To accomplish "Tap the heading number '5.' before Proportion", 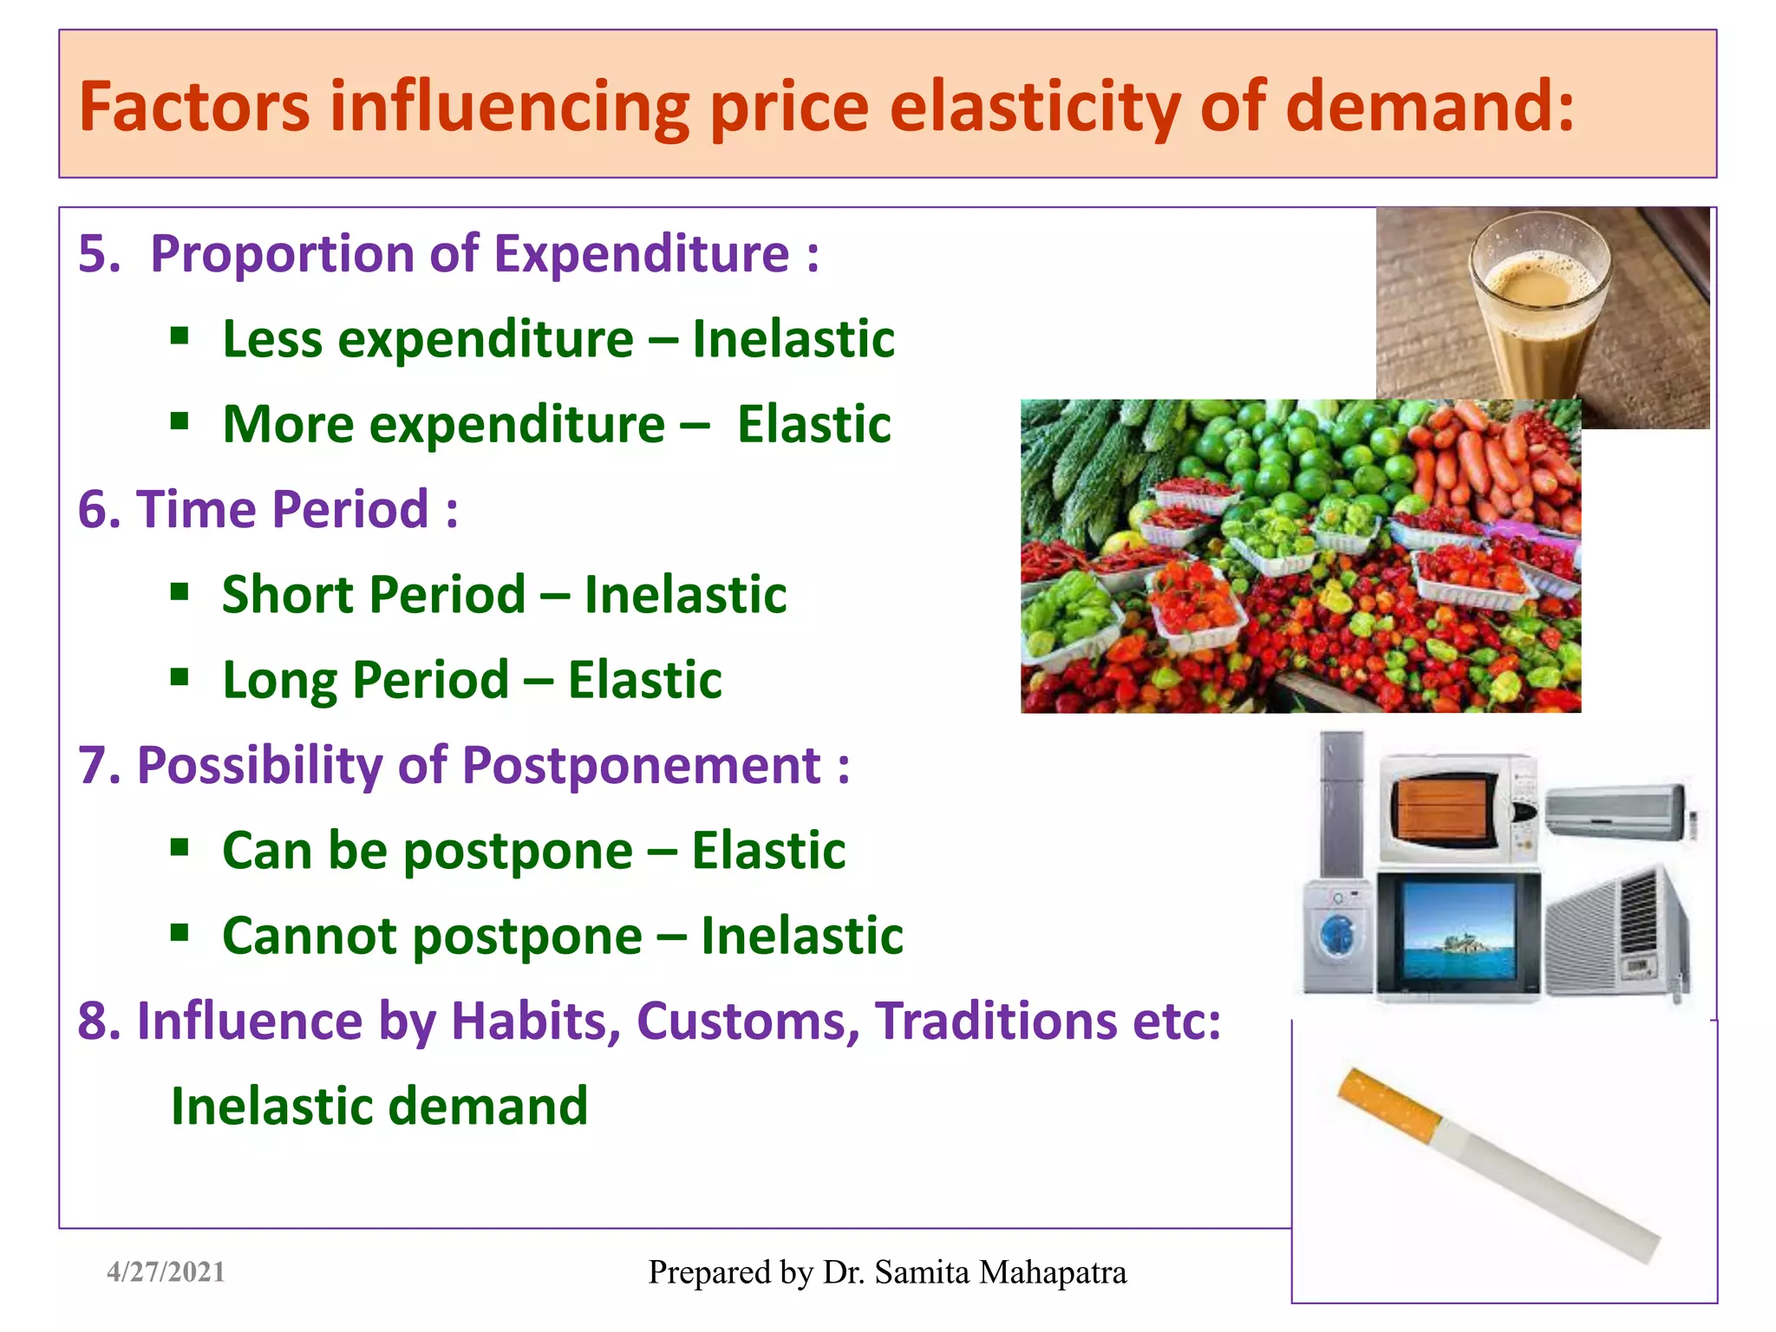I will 99,254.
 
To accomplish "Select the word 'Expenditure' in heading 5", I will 642,254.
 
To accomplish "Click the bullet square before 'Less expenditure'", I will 180,336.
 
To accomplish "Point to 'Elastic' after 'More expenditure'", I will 813,424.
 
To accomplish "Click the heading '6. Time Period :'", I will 267,509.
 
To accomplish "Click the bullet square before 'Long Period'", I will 180,677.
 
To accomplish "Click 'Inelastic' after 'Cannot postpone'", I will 801,936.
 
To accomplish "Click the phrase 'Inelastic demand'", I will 379,1107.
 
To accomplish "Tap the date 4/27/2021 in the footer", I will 166,1272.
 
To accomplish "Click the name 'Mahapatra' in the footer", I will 1052,1272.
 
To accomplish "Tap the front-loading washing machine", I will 1338,936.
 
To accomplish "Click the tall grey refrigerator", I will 1341,802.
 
